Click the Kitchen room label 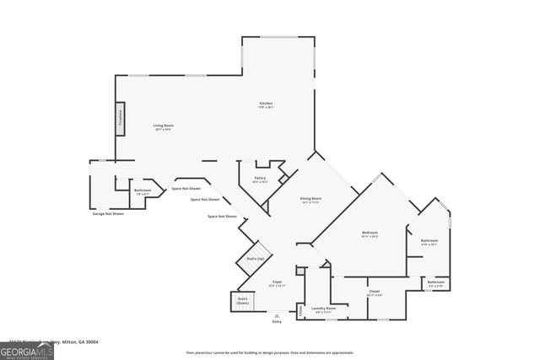(266, 104)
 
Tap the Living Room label (163, 125)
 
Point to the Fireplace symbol (121, 117)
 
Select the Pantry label (259, 178)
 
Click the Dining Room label (311, 198)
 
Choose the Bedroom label (370, 232)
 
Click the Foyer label (276, 282)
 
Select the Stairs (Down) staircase (242, 300)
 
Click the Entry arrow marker (276, 314)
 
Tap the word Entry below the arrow (276, 322)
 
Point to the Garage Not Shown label (108, 213)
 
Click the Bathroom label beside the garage (143, 190)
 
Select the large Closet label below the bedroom (374, 291)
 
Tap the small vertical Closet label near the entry (301, 309)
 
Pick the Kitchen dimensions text (266, 108)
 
